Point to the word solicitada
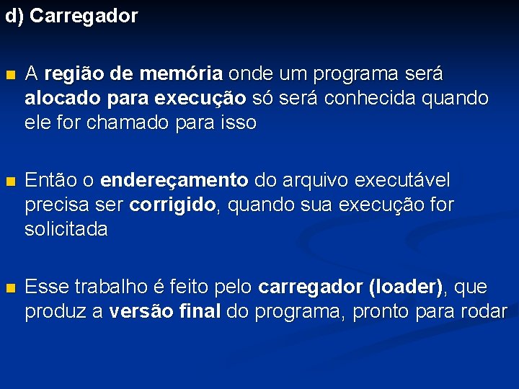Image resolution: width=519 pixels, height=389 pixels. tap(66, 230)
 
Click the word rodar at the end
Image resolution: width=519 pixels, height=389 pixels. tap(486, 312)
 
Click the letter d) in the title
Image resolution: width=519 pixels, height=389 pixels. tap(14, 16)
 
